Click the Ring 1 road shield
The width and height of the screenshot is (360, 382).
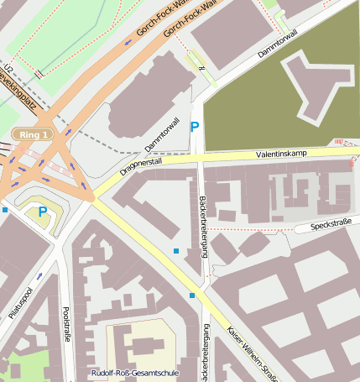pos(33,134)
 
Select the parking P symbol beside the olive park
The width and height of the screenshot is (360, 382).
pos(195,127)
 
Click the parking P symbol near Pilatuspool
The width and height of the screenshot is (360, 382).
pos(41,212)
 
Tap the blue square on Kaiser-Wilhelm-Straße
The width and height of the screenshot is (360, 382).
pos(192,296)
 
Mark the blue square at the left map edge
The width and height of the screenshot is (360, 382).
pos(4,210)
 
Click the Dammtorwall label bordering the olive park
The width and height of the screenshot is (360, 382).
pos(278,44)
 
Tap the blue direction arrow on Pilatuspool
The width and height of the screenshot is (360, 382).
pos(39,275)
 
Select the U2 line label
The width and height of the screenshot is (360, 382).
pos(8,71)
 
